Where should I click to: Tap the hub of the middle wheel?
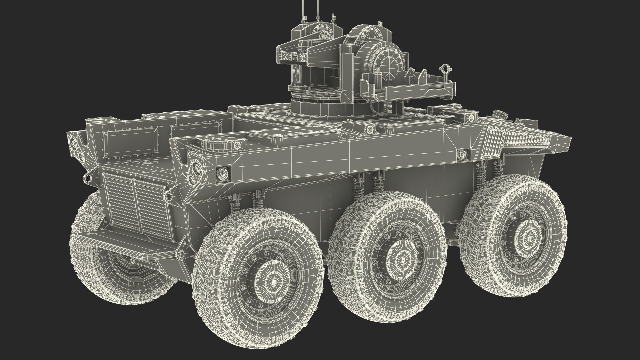pyautogui.click(x=402, y=260)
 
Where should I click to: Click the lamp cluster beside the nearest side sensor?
pyautogui.click(x=195, y=172)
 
